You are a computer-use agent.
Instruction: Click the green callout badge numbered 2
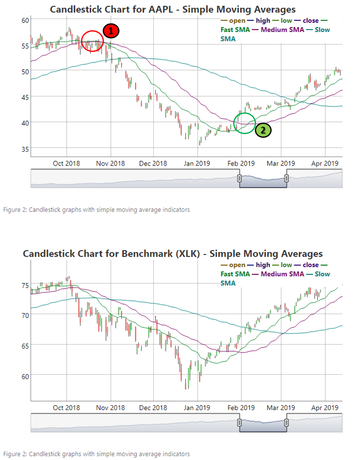point(263,130)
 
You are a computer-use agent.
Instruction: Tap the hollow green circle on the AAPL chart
point(245,122)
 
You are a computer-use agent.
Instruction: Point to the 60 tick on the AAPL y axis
point(25,20)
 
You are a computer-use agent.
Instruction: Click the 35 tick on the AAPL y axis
point(25,148)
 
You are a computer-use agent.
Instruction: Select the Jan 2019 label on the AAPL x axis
point(197,164)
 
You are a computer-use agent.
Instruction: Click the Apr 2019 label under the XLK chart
point(325,408)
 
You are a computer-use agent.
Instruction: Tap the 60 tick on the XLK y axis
point(25,375)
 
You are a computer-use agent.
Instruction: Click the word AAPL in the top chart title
point(165,9)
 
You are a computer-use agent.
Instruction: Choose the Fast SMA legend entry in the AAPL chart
point(235,29)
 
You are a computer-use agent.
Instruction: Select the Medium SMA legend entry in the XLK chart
point(282,274)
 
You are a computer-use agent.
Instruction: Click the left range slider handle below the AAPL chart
point(239,179)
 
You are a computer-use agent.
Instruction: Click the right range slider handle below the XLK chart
point(287,422)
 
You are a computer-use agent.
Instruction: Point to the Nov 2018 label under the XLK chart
point(110,408)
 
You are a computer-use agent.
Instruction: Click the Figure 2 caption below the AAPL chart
point(97,210)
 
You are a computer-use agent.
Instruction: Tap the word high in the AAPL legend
point(263,20)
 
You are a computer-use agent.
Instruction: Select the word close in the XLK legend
point(310,265)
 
